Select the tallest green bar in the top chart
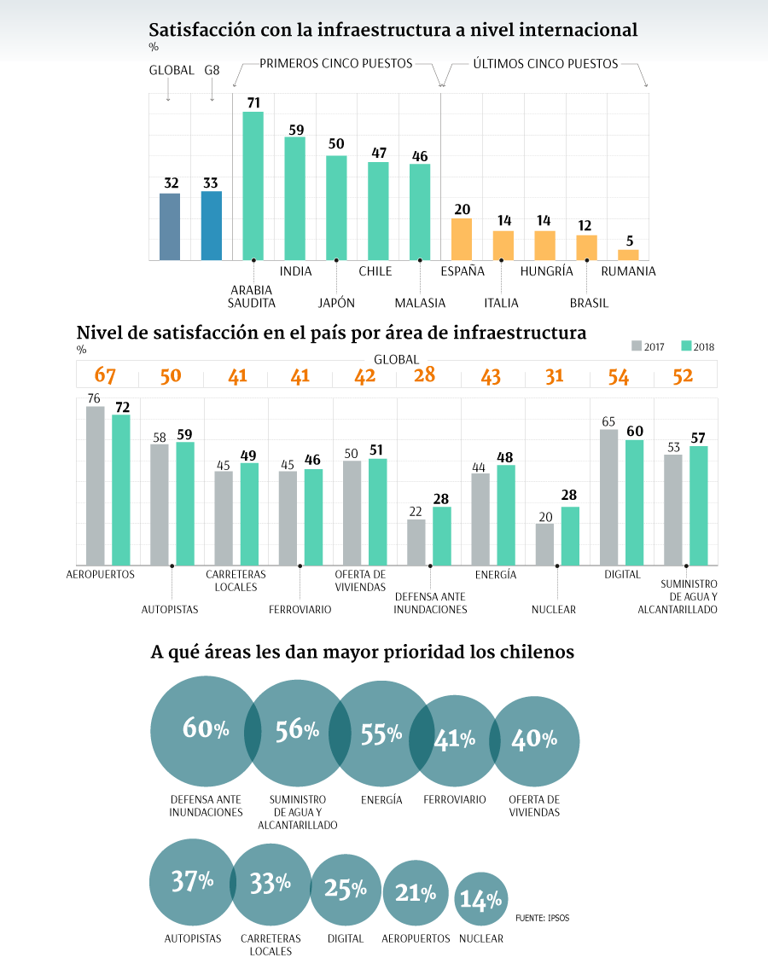coord(253,186)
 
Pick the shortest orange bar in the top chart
coord(628,254)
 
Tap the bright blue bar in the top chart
coord(211,225)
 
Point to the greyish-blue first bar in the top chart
coord(170,226)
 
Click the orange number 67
coord(105,375)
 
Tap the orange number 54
coord(619,375)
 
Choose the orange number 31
coord(554,375)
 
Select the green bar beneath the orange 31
coord(570,536)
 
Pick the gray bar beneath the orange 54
coord(609,496)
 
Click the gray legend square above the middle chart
coord(637,345)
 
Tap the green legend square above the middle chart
coord(686,345)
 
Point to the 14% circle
coord(481,898)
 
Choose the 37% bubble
coord(191,882)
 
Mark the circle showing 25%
coord(345,890)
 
